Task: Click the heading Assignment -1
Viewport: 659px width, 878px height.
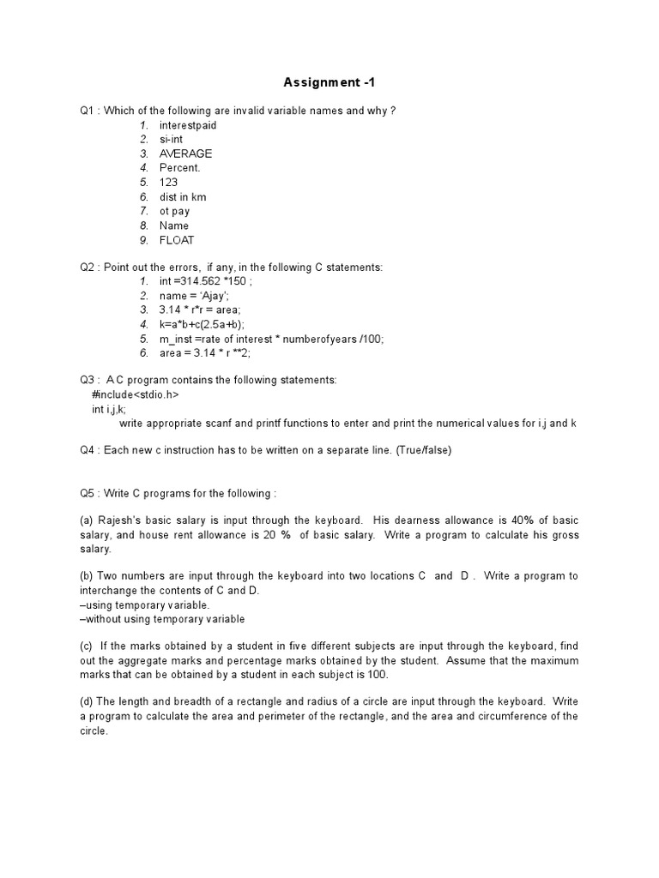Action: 329,83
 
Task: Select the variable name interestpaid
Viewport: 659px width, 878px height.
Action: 188,125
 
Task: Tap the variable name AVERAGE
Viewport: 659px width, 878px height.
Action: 185,154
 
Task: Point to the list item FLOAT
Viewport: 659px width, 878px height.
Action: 177,241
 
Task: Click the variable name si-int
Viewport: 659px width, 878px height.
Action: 171,140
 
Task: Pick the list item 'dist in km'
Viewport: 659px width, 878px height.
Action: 183,197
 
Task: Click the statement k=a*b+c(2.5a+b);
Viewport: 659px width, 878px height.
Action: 202,325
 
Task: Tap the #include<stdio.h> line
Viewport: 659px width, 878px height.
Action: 135,394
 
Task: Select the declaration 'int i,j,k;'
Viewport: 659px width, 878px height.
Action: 109,409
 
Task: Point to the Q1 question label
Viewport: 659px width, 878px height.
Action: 88,111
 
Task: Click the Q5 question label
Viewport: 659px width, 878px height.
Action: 88,494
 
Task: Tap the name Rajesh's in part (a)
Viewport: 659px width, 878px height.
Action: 122,521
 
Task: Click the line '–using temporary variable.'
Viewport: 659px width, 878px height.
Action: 144,605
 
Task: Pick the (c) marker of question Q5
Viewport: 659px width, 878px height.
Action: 86,646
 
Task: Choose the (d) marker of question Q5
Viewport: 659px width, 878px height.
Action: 86,702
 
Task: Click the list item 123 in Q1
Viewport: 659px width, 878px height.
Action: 168,183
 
